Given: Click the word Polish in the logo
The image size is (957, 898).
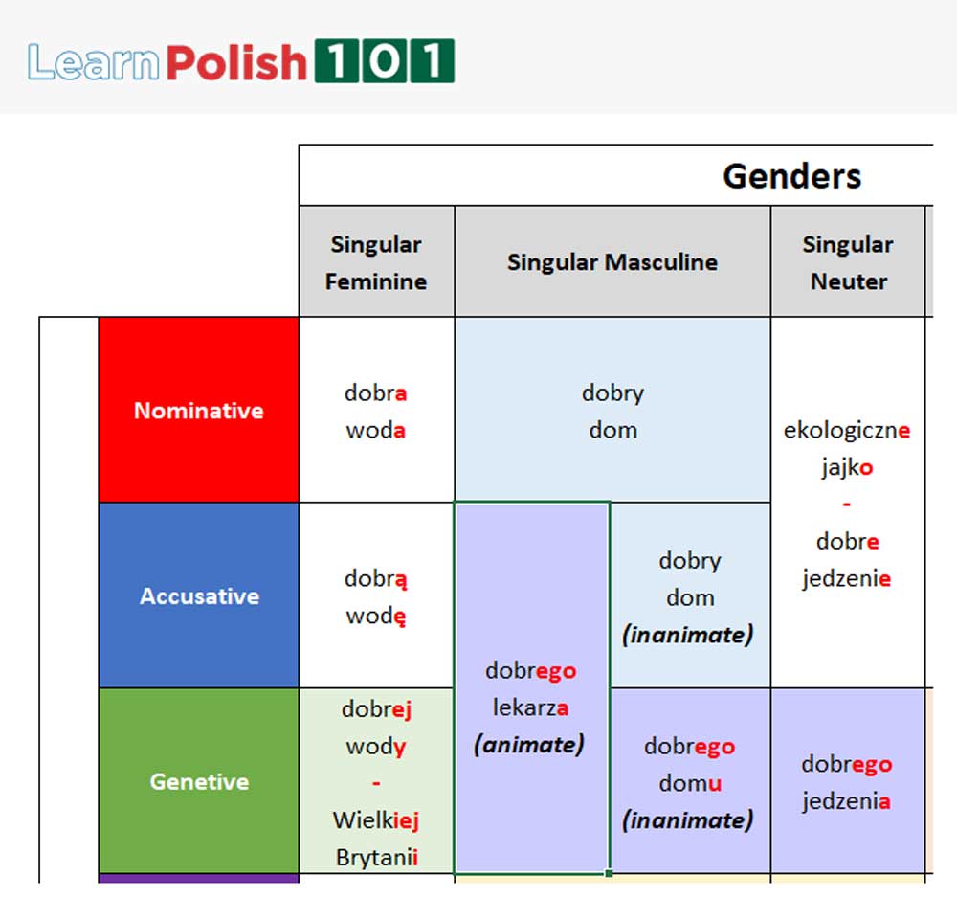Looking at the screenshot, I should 236,62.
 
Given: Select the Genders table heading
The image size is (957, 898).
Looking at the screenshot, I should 791,176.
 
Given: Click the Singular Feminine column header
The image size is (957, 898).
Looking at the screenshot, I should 376,262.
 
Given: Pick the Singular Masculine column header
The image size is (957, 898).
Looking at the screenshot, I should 612,262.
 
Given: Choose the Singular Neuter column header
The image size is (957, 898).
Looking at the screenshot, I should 848,262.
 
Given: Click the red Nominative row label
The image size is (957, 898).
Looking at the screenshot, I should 198,411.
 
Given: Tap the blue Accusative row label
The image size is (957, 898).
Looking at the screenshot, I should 199,596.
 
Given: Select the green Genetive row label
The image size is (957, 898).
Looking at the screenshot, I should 198,782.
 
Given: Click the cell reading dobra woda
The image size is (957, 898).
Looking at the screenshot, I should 376,412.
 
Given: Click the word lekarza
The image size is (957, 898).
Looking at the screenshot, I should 531,708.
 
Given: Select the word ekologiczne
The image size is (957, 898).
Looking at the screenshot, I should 847,431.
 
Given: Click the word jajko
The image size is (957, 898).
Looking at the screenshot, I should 847,468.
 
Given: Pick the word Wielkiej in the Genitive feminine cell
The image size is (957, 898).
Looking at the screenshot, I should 376,820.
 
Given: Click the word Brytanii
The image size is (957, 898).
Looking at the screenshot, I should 376,858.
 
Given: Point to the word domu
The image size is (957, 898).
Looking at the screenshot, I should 689,784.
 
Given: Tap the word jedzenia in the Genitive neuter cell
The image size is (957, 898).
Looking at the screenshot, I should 847,801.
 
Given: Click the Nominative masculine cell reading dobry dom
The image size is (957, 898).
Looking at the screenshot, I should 612,412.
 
